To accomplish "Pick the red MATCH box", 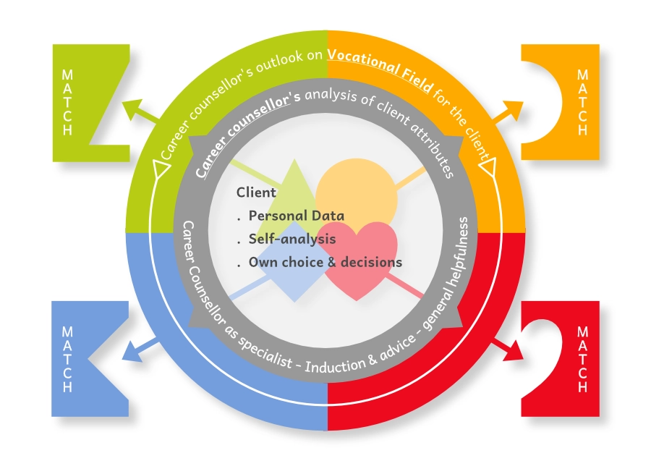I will pos(571,358).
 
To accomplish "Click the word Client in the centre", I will pos(256,193).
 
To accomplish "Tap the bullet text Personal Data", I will pos(296,216).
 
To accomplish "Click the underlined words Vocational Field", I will pos(381,70).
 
